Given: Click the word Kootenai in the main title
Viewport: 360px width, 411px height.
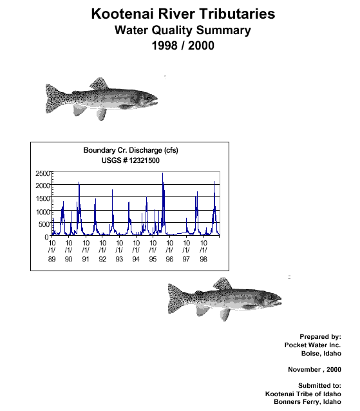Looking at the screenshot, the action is click(x=122, y=14).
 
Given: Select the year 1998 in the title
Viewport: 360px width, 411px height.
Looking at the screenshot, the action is click(x=164, y=45).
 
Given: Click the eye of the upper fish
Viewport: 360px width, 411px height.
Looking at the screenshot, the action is click(x=148, y=97).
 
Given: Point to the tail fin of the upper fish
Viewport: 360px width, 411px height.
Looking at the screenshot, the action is click(x=53, y=99).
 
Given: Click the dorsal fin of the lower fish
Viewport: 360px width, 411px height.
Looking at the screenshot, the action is click(x=222, y=283).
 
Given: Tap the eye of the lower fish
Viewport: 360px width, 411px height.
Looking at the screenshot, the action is click(x=271, y=297).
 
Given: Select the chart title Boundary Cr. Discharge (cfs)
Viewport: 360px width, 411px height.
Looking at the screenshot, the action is click(x=131, y=150).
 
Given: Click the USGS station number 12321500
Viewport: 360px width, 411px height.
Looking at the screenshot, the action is click(x=144, y=160).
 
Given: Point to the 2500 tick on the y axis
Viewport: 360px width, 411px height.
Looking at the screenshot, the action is click(x=43, y=173).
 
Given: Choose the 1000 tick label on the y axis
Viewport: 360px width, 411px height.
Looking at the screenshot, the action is click(x=43, y=211).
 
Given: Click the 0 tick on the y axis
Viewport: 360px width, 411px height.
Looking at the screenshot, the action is click(x=46, y=237).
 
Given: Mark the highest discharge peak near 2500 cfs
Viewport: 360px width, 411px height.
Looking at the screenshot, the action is click(x=162, y=173).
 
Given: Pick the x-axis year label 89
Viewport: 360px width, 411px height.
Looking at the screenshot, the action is click(x=52, y=259).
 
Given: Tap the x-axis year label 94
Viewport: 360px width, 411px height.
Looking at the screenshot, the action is click(x=136, y=259).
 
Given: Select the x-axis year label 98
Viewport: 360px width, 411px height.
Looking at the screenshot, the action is click(x=204, y=259).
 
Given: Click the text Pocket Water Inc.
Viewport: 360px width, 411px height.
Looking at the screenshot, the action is click(x=312, y=345).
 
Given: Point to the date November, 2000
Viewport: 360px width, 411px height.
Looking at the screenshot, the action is click(x=314, y=369).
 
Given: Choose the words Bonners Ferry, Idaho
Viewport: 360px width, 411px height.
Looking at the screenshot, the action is click(x=307, y=402).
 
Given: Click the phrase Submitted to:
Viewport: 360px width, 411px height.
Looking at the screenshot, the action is click(x=319, y=386).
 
